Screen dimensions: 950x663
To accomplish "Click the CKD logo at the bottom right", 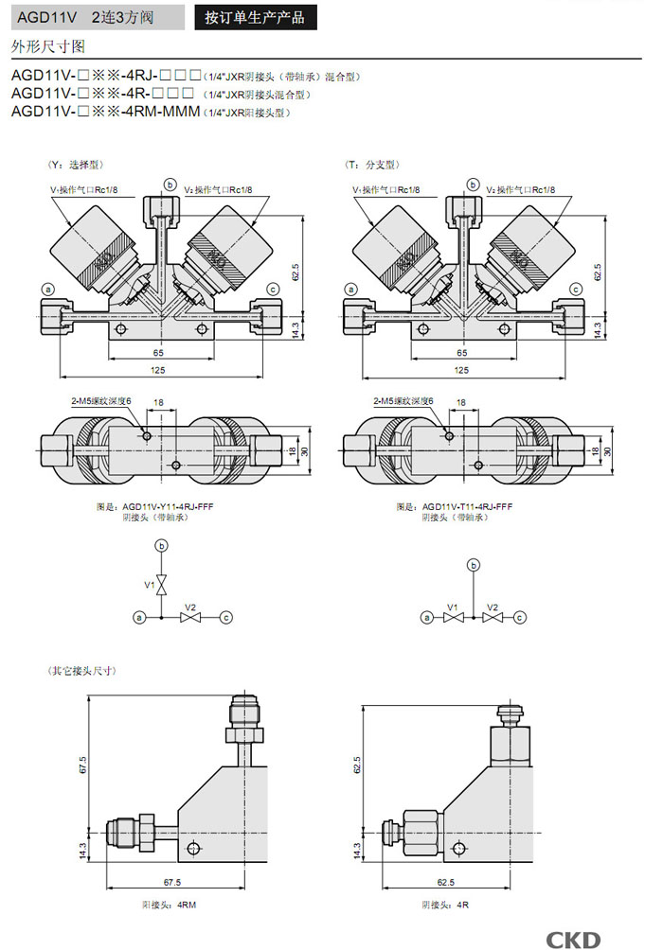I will click(x=573, y=938).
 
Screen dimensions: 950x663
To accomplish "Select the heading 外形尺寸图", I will click(x=48, y=45).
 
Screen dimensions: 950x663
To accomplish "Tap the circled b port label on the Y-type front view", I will click(x=170, y=183).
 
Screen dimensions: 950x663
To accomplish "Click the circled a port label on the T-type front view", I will click(x=350, y=289).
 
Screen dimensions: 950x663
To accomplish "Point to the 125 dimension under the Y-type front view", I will click(x=159, y=369).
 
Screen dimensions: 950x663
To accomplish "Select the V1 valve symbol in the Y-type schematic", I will click(x=162, y=585).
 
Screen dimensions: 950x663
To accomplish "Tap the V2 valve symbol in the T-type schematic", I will click(x=492, y=617).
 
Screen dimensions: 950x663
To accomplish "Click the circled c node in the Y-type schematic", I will click(x=225, y=617).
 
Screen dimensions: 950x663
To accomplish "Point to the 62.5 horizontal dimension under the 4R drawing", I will click(x=444, y=882).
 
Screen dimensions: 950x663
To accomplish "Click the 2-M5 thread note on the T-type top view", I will click(x=403, y=401).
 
